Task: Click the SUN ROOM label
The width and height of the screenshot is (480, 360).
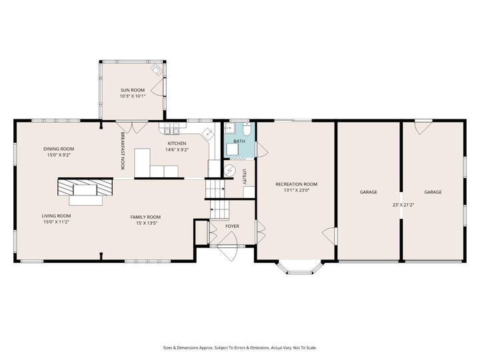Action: [x=132, y=90]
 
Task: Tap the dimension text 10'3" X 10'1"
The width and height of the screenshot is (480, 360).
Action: [x=132, y=97]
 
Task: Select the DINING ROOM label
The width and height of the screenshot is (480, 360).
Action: [x=59, y=149]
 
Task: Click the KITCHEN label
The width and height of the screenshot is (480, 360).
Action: [x=177, y=143]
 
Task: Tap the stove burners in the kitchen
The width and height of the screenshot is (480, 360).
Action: [x=171, y=127]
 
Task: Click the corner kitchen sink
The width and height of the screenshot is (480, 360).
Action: [x=208, y=133]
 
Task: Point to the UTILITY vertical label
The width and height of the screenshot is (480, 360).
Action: [x=245, y=176]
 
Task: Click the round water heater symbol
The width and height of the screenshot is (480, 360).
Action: [x=230, y=171]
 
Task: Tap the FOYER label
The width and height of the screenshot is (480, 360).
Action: [x=232, y=227]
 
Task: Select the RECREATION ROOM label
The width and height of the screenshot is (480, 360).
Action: [x=297, y=184]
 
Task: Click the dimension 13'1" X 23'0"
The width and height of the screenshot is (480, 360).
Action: [x=297, y=191]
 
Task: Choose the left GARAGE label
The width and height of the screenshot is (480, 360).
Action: [x=369, y=192]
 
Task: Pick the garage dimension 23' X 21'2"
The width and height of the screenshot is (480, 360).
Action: [x=403, y=205]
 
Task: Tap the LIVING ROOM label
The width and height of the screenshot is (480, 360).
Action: [x=57, y=216]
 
